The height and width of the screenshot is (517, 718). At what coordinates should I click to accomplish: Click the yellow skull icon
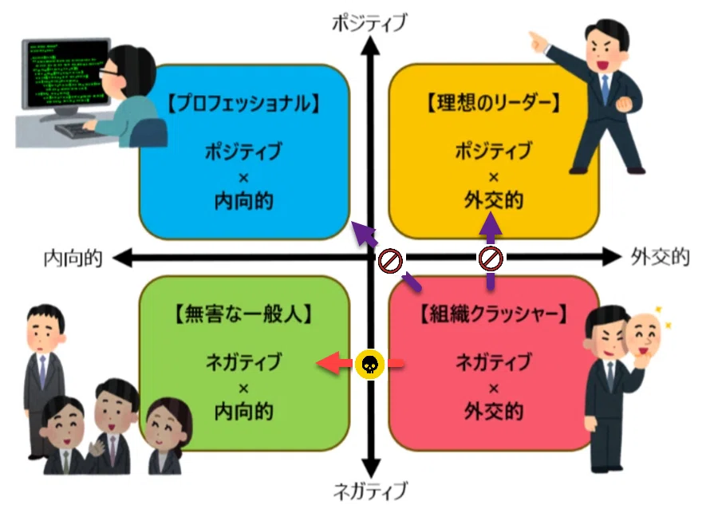coord(369,364)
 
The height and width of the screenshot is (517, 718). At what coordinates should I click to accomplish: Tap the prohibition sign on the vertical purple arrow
coord(491,258)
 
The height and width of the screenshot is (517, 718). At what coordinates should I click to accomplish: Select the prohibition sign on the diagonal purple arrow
coord(390,261)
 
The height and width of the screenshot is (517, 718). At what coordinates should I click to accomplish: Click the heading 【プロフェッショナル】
coord(243,104)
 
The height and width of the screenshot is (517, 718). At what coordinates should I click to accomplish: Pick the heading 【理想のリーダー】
coord(493,103)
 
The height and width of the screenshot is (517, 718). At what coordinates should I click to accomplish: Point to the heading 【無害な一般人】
coord(243,314)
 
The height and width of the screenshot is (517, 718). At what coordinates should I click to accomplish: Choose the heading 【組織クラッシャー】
coord(493,314)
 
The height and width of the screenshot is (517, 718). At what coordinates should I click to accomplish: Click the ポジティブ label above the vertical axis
coord(369,22)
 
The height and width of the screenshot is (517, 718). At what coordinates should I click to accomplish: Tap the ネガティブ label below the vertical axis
coord(370,491)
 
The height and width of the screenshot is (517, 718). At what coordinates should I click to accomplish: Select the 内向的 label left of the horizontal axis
coord(73,258)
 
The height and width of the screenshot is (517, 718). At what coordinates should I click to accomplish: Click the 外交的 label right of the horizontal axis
coord(660,258)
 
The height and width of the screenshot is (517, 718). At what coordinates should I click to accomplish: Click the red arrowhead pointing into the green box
coord(328,364)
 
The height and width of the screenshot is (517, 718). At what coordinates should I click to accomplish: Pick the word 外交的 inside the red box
coord(494,411)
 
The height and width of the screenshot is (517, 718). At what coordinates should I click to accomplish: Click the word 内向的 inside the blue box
coord(243,201)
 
